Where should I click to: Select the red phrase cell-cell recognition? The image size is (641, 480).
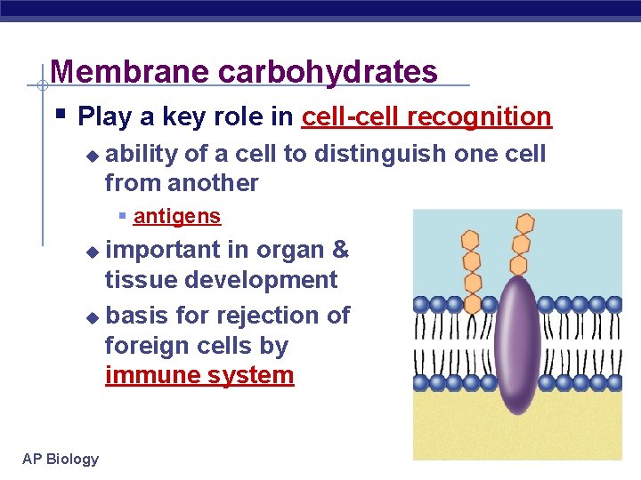(x=426, y=116)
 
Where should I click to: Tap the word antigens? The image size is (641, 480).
(x=177, y=216)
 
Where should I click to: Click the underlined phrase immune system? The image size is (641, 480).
(x=199, y=375)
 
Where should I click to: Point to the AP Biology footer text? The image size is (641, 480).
(x=61, y=459)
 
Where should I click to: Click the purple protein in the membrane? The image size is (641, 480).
(x=516, y=342)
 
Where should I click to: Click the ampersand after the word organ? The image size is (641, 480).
(x=340, y=250)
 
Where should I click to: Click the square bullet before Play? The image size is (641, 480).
(x=59, y=115)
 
